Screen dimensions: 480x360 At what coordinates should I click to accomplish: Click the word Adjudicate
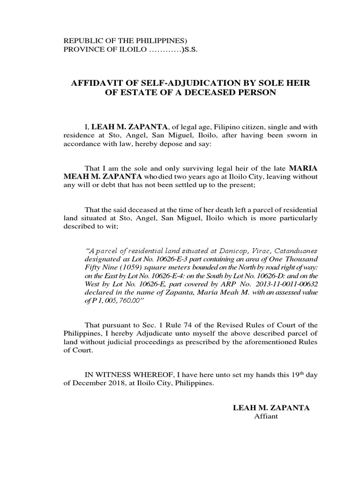[172, 334]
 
